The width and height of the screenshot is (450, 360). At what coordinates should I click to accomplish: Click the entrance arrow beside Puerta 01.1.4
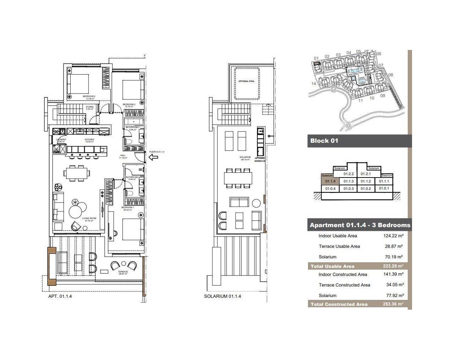153,157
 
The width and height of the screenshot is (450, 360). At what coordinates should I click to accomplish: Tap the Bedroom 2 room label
89,96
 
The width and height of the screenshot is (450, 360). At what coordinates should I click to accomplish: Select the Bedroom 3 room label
129,104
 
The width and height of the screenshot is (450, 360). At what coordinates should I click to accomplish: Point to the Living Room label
89,218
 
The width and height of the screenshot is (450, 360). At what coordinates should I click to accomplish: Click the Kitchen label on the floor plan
89,140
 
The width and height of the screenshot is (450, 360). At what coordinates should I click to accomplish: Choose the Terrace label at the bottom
123,272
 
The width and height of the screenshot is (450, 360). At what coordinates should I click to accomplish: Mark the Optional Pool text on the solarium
246,81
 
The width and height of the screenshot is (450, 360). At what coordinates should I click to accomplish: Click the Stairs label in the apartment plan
90,107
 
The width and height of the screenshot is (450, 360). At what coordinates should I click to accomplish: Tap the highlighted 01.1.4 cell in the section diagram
330,181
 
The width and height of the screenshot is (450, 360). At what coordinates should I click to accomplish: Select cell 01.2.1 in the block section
366,174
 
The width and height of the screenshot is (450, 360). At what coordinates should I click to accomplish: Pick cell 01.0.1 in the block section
384,188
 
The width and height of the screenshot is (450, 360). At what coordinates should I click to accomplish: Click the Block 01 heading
324,141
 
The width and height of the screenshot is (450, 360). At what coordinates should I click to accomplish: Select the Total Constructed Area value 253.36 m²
393,304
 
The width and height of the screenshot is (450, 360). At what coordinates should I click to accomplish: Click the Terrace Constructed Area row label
344,285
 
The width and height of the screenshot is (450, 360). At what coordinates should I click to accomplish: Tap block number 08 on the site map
391,75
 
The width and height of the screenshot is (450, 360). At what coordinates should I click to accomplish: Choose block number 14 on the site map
314,84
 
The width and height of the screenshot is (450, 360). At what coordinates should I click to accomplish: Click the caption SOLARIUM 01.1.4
223,296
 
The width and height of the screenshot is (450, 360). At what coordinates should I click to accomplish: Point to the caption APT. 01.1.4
60,296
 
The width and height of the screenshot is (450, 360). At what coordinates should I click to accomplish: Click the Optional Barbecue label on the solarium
260,160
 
